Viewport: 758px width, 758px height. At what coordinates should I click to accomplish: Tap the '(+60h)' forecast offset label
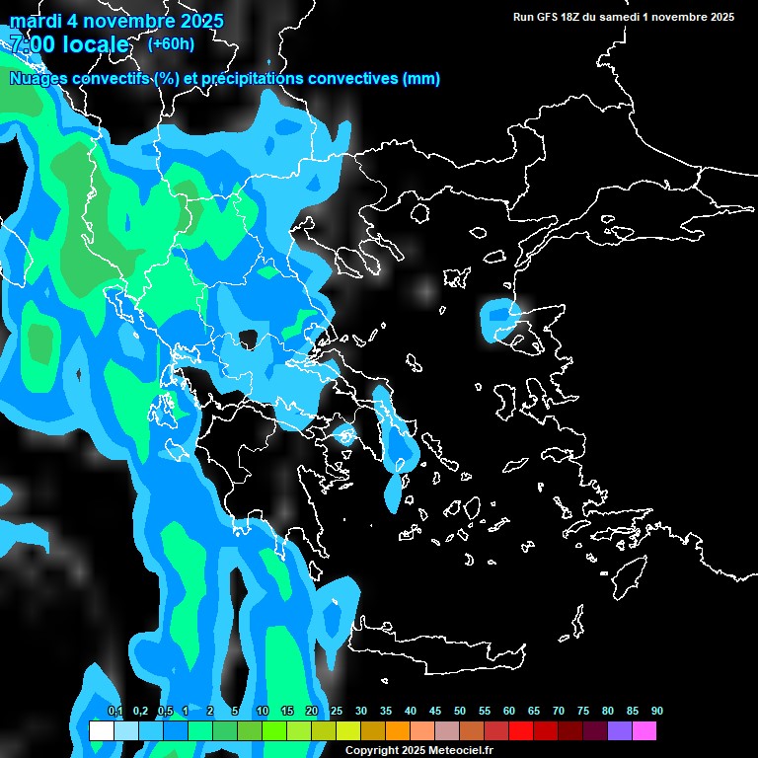[x=171, y=43]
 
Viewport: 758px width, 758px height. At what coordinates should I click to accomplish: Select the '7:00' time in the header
[x=31, y=44]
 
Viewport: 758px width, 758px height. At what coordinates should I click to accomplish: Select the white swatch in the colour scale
[x=101, y=731]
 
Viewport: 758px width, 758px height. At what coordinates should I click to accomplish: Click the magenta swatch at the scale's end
[x=644, y=731]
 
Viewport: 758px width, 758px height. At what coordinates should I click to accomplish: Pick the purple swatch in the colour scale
[x=620, y=731]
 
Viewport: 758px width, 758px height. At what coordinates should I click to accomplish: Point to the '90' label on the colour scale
[x=657, y=712]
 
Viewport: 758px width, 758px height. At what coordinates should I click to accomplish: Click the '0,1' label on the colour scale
[x=114, y=712]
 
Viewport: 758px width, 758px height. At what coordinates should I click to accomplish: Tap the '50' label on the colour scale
[x=460, y=712]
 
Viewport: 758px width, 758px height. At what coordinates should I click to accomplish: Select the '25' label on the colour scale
[x=336, y=712]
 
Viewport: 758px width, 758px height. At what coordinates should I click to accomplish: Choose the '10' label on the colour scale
[x=262, y=712]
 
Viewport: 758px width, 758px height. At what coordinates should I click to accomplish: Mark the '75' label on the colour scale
[x=583, y=712]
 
